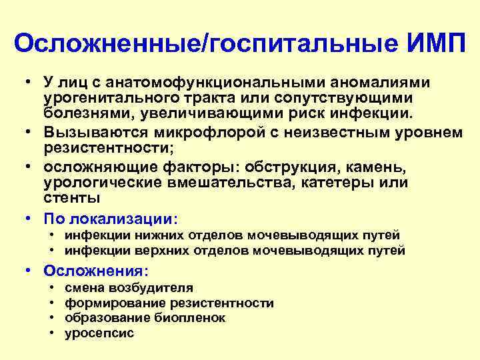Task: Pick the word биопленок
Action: tap(193, 318)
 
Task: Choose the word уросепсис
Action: tap(99, 333)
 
